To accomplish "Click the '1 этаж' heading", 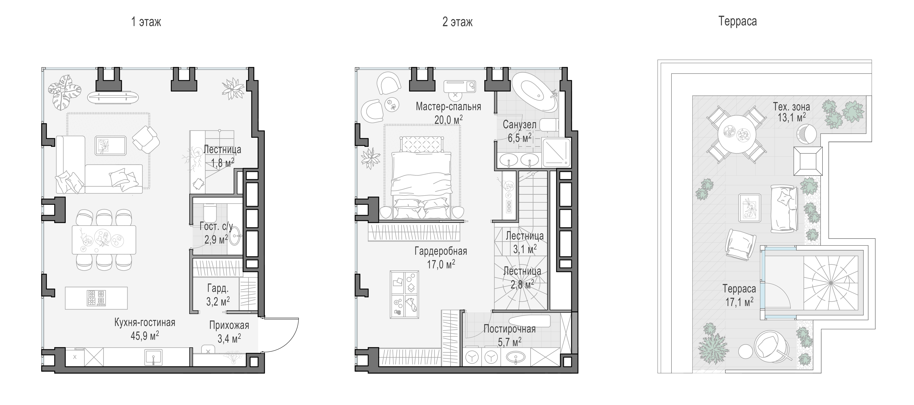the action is pos(146,22).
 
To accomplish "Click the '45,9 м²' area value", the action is pos(145,336).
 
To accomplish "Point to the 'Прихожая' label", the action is pos(229,325).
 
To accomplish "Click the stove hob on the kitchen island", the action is pos(96,298).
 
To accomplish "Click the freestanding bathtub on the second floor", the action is pos(534,92).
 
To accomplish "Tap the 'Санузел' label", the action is pos(519,124).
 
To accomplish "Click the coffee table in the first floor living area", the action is pos(110,145).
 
